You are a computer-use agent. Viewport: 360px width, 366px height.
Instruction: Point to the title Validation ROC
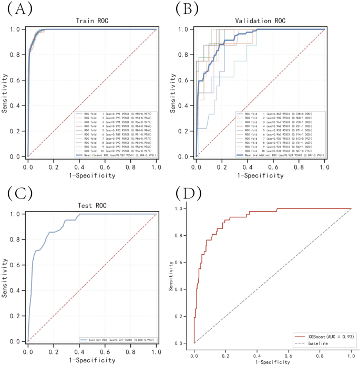pos(260,21)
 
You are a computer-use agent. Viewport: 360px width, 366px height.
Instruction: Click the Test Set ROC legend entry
pos(118,339)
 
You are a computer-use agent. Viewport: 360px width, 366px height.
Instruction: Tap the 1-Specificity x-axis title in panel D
pos(273,362)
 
